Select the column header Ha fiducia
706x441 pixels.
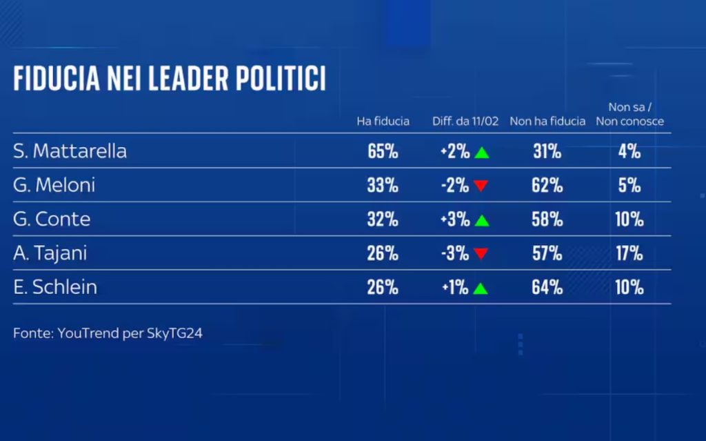pos(383,121)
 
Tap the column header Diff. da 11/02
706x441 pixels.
pos(465,121)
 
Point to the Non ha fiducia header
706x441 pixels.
pos(547,121)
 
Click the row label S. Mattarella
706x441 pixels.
pos(70,152)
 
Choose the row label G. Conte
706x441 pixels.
pos(52,219)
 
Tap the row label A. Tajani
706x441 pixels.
pos(50,253)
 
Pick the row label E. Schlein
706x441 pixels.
pos(55,287)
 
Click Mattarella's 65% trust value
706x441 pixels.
pos(383,152)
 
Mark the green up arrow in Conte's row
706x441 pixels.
pos(481,221)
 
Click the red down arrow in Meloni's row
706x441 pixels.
pos(481,186)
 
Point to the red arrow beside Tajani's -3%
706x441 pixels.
pos(481,254)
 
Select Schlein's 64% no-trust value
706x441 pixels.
pos(547,287)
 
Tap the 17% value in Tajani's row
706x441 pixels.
pos(629,253)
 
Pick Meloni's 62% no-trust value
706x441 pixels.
pos(547,186)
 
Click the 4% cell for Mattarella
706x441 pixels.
pos(629,152)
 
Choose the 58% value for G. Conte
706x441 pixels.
pos(547,219)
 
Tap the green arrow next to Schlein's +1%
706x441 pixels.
pos(481,288)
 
